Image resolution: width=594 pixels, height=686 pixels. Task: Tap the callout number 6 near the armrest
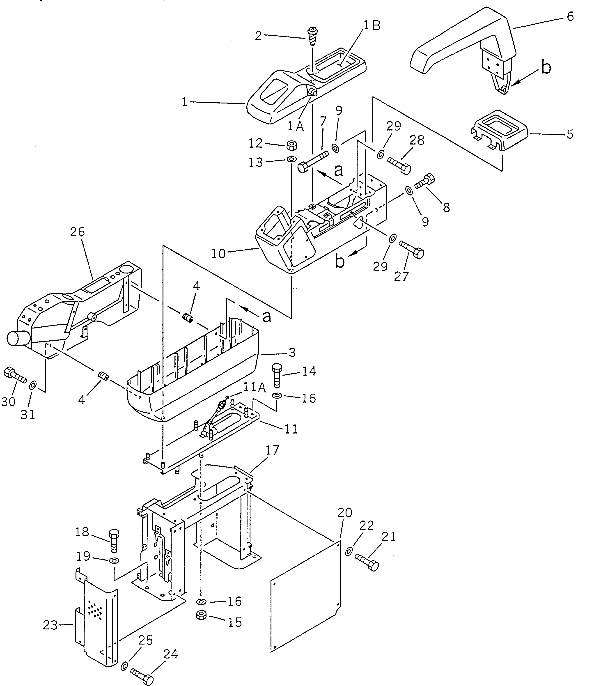[x=570, y=17]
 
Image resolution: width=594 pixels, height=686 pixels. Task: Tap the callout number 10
[x=218, y=254]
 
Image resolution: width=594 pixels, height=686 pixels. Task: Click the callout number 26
[x=77, y=232]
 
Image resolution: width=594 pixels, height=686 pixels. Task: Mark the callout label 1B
[x=372, y=25]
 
